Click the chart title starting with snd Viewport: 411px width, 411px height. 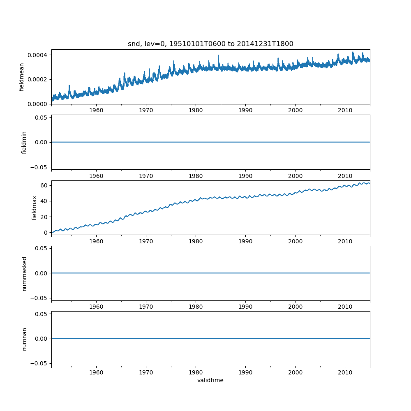click(x=210, y=44)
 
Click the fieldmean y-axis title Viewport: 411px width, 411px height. click(x=21, y=77)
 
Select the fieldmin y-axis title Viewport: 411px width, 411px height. click(x=24, y=142)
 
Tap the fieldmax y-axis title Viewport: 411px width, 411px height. click(x=35, y=208)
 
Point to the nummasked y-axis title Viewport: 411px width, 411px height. click(x=24, y=273)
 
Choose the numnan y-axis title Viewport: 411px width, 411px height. click(x=24, y=339)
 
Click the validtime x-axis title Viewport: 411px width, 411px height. click(x=210, y=380)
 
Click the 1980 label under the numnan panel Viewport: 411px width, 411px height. click(x=196, y=372)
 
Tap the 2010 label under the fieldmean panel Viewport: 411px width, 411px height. click(x=345, y=111)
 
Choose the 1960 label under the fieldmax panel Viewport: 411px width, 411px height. click(x=96, y=242)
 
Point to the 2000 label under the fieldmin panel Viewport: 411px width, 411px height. click(x=295, y=176)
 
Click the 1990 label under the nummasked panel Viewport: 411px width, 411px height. click(x=245, y=307)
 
